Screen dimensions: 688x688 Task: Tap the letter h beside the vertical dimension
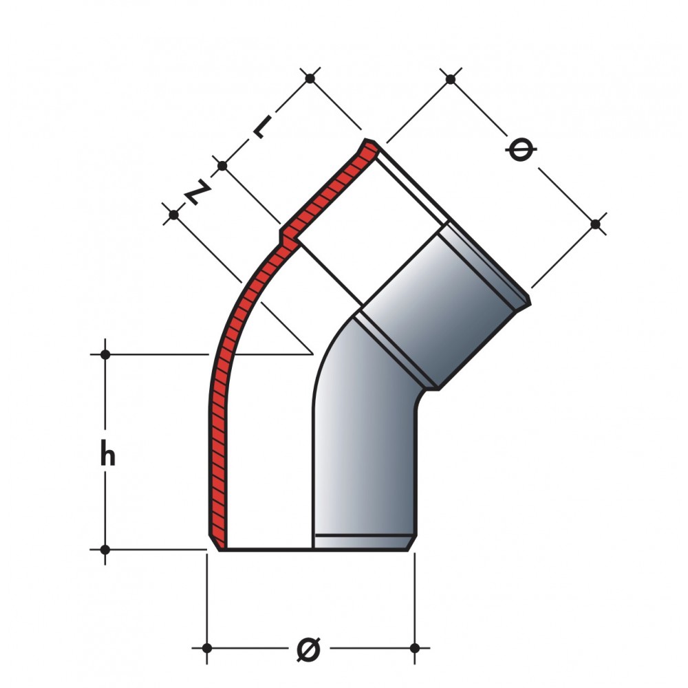click(108, 453)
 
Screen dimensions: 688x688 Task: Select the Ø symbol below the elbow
click(308, 647)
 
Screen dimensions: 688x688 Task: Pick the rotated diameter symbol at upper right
click(522, 149)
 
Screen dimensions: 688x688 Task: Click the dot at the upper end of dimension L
click(310, 78)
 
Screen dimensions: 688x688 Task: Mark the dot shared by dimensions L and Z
click(222, 166)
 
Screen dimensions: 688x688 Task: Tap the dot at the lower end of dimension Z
click(174, 215)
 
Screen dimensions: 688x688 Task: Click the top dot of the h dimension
click(105, 354)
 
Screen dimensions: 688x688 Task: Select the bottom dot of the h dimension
click(105, 549)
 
